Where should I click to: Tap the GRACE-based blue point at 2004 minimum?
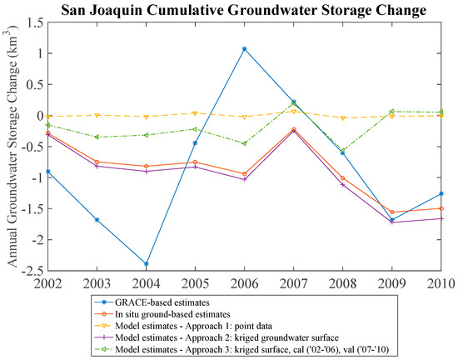point(147,264)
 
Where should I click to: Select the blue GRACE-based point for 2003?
point(97,220)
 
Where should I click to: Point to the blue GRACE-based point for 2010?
point(441,193)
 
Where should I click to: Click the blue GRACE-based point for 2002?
point(48,172)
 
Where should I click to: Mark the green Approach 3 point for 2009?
point(391,111)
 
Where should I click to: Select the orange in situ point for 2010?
point(441,208)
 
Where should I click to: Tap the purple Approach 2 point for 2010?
point(441,218)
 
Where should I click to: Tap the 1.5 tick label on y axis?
point(33,22)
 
